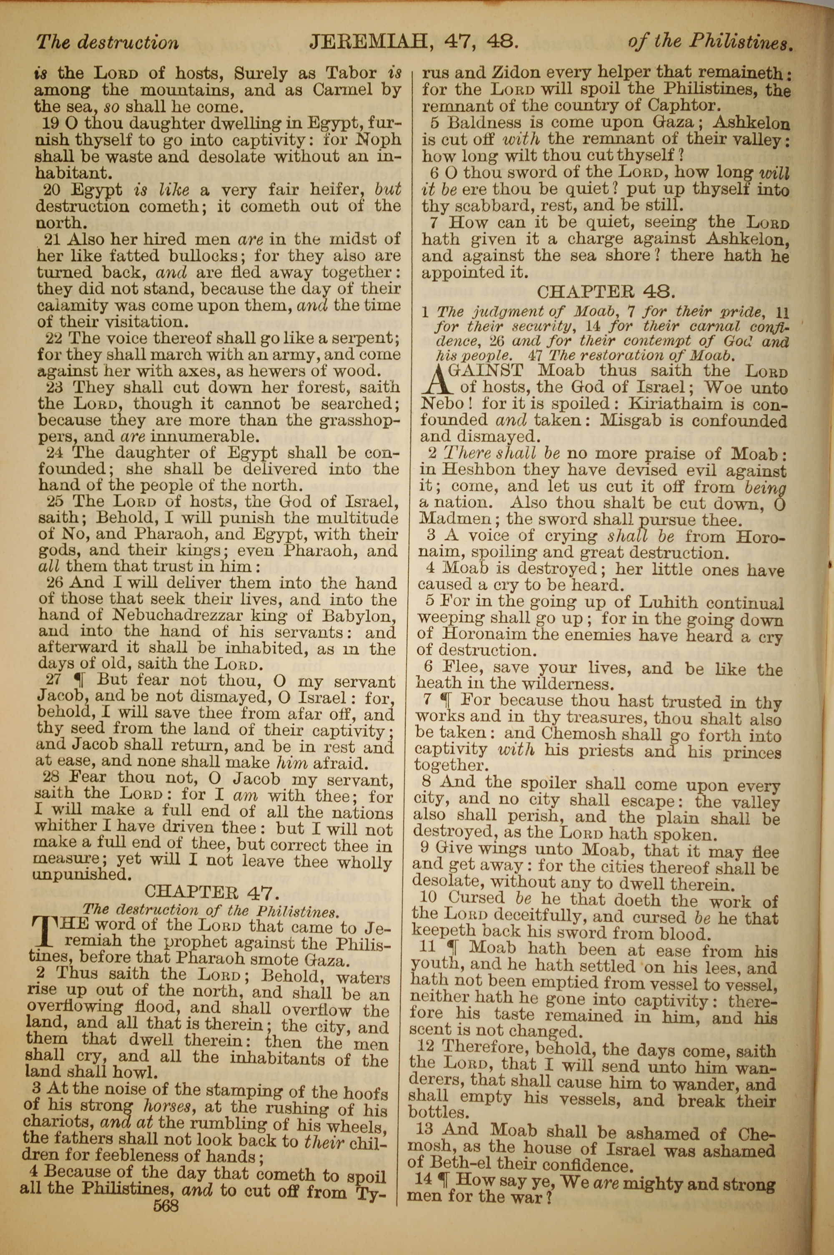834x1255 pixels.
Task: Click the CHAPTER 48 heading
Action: [606, 292]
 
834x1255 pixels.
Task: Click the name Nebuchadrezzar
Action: [181, 615]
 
